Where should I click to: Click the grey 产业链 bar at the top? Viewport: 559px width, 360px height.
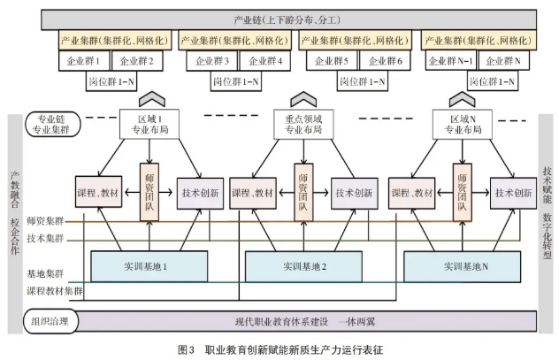coord(288,19)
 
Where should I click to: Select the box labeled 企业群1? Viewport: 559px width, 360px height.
coord(84,61)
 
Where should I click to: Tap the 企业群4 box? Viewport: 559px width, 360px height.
coord(264,61)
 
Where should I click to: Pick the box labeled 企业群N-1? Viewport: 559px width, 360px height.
coord(450,61)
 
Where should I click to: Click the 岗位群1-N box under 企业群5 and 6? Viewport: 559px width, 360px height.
coord(363,81)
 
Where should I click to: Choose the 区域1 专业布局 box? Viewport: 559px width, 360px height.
coord(149,124)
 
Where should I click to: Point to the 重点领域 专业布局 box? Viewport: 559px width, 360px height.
coord(303,124)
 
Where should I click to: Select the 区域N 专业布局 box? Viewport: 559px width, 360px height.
coord(463,124)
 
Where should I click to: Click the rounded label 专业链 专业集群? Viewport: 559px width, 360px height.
coord(53,125)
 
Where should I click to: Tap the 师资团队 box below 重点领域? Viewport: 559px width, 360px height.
coord(303,192)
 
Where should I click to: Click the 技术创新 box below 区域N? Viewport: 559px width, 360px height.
coord(513,193)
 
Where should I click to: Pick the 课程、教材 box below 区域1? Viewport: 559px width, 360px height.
coord(98,192)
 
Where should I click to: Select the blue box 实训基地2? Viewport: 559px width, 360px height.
coord(303,266)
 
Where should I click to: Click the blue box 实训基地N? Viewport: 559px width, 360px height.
coord(462,266)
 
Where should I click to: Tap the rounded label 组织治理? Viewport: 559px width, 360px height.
coord(50,321)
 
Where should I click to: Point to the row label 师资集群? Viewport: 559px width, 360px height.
coord(45,221)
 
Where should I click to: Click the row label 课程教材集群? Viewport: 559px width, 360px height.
coord(55,291)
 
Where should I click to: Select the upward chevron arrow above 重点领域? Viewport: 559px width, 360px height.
coord(303,99)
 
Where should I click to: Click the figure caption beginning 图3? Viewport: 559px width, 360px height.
coord(280,349)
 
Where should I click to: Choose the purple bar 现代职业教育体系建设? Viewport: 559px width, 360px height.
coord(306,321)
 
